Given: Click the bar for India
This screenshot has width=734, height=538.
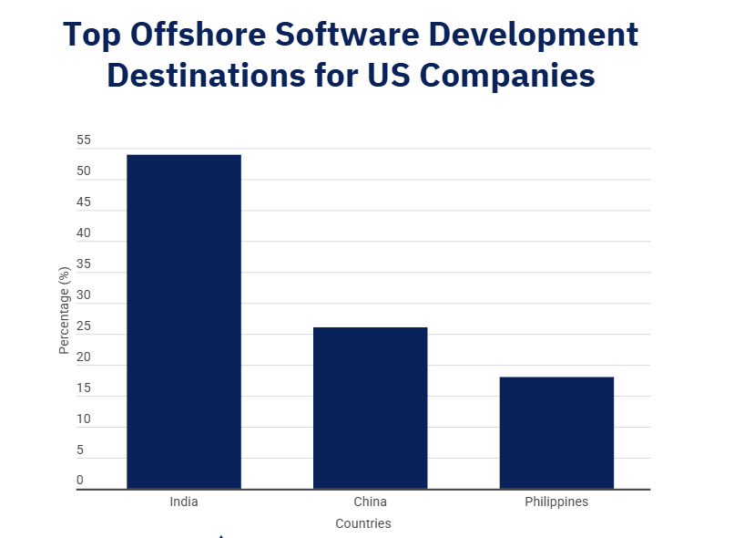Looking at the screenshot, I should pos(183,321).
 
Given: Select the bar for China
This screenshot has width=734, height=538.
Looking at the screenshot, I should pos(370,408).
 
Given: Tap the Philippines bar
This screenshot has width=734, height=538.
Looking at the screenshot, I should pos(556,432).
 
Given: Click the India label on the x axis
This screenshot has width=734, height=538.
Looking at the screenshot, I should pos(183,502).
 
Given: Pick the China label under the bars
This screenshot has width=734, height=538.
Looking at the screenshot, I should pos(370,502).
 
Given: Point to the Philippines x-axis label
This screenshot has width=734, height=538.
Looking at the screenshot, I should pos(556,502).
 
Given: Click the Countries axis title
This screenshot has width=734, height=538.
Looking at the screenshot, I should pos(362,524).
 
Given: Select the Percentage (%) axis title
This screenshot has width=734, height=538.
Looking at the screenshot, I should pos(64,310).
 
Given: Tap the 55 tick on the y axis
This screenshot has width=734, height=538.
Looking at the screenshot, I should pos(84,140).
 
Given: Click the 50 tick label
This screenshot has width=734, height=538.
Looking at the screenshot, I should pos(84,171).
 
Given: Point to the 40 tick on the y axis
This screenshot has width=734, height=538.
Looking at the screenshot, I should pos(84,233).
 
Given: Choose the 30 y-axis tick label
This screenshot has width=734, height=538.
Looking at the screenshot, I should pos(84,295).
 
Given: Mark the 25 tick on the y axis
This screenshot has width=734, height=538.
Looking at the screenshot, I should pos(84,326).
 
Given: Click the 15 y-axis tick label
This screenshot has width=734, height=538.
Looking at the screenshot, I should pos(84,388).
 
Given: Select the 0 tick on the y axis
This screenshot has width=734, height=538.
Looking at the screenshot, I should pos(80,481).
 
